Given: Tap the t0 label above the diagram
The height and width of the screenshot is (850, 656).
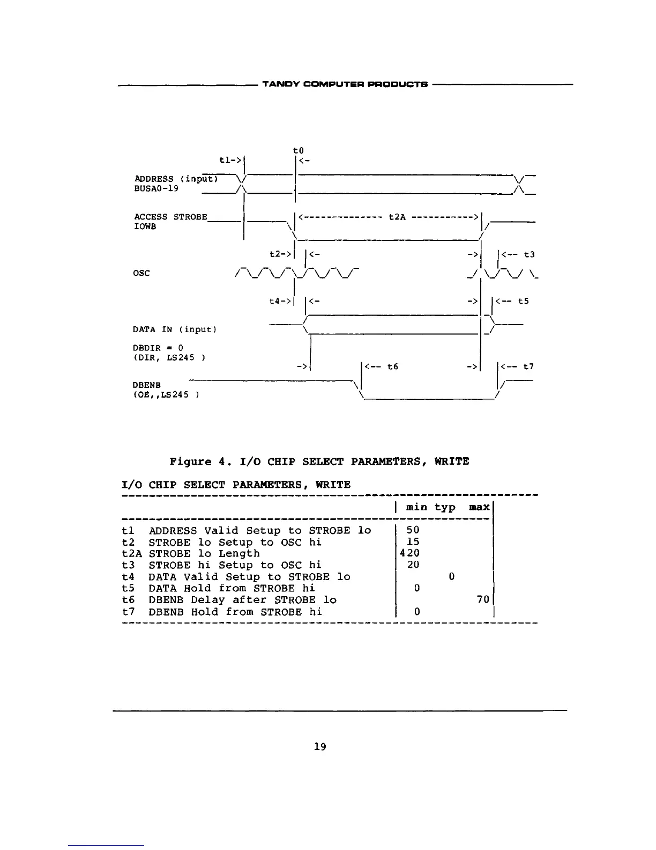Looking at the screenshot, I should [300, 151].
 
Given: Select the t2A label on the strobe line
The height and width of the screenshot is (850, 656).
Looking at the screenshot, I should [397, 217].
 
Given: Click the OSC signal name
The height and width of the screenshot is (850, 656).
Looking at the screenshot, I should [142, 273].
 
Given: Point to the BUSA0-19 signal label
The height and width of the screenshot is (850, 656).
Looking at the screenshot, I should [156, 189].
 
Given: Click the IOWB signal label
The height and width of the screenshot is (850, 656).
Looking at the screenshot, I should [145, 226].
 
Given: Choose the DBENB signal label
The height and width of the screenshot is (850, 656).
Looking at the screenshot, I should [146, 385].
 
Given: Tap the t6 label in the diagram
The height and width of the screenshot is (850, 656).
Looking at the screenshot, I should [393, 367].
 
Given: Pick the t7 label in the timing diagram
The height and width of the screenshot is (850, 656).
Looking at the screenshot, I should [528, 367].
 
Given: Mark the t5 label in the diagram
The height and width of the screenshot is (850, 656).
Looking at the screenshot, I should [523, 301].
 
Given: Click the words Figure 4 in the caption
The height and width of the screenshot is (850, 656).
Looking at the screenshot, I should [198, 461].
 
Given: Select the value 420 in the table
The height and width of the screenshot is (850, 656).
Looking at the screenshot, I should [410, 553].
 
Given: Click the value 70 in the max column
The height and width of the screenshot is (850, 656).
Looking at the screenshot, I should [483, 600].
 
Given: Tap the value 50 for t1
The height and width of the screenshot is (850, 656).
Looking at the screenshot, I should [413, 530].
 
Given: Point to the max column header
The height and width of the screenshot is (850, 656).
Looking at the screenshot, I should [479, 507].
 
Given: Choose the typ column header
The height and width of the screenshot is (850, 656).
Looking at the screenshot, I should [445, 508].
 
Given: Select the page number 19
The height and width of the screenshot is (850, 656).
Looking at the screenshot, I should [320, 746].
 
